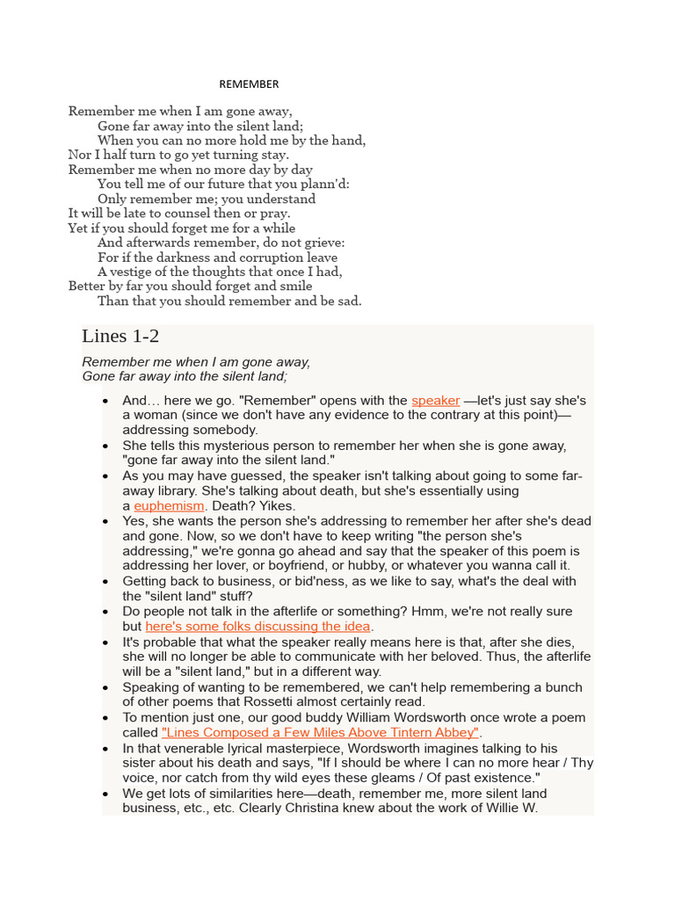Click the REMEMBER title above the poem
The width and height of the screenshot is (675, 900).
click(249, 84)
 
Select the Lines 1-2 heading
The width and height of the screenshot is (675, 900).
click(120, 336)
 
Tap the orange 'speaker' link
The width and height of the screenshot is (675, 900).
click(435, 401)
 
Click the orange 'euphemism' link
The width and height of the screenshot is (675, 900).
click(169, 506)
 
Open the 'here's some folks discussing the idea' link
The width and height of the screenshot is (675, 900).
click(258, 627)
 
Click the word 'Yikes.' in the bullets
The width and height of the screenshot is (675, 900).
click(275, 506)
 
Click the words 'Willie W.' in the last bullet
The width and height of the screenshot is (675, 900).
click(508, 808)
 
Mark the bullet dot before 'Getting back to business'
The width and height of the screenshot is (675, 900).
click(105, 582)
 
